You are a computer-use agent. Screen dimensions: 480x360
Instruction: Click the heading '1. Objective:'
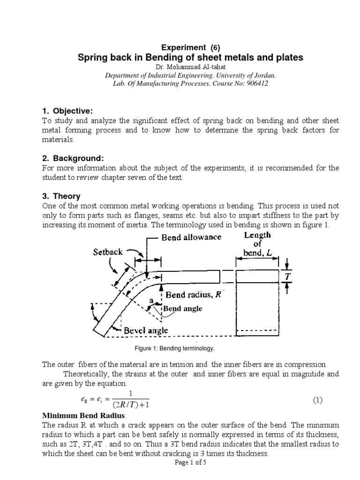pos(68,111)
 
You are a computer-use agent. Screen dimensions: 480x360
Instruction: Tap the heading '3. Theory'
pos(61,196)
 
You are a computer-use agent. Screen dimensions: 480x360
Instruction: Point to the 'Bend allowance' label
pos(191,237)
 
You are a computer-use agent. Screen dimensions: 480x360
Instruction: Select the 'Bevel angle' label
pos(146,330)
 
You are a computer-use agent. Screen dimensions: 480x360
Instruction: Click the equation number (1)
pos(318,400)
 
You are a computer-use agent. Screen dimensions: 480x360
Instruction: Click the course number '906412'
pos(258,83)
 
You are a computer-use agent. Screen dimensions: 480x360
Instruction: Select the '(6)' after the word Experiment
pos(213,47)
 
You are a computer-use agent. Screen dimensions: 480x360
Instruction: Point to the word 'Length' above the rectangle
pos(257,235)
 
